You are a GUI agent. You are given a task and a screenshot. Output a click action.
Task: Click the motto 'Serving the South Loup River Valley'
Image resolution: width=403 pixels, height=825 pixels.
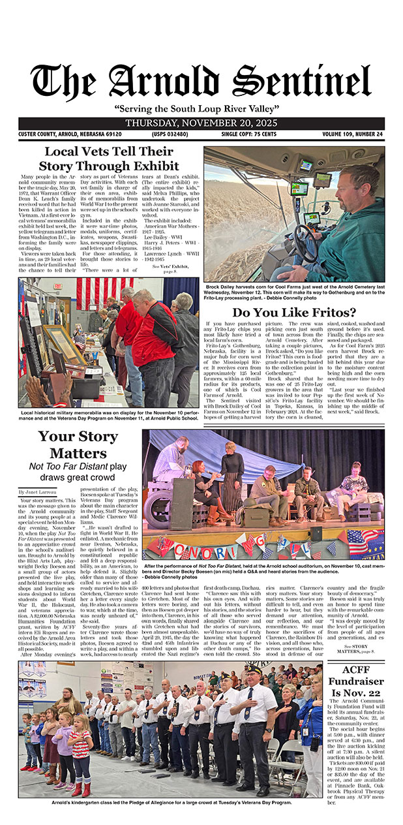click(x=201, y=108)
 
